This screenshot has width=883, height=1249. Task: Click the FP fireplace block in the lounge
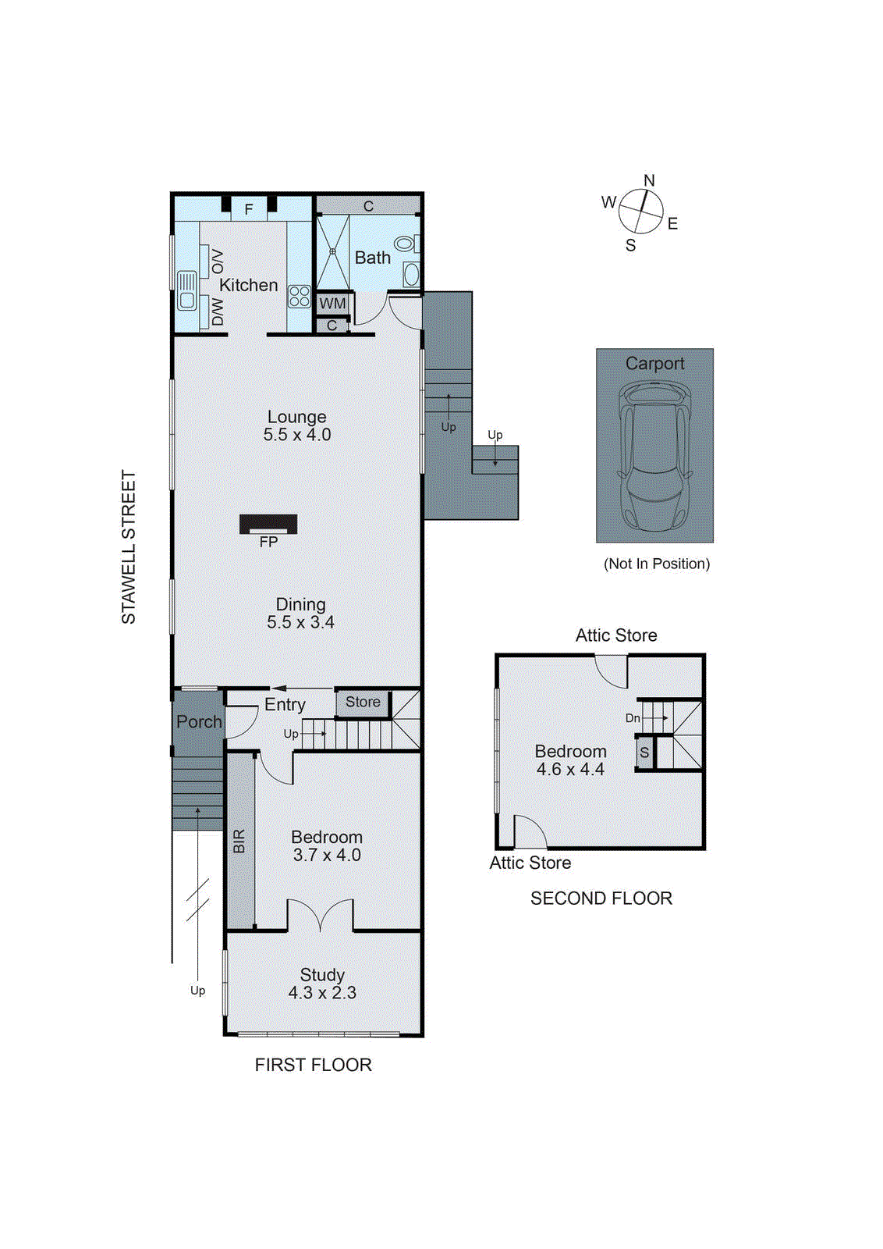click(x=268, y=524)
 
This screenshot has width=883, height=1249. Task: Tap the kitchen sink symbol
click(x=187, y=290)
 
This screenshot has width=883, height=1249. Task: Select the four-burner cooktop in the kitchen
click(x=300, y=297)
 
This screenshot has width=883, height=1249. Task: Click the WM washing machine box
click(x=332, y=304)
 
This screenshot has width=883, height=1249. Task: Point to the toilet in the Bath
click(x=405, y=244)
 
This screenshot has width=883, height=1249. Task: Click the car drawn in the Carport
click(x=654, y=455)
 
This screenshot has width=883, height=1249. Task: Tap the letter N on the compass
click(x=649, y=181)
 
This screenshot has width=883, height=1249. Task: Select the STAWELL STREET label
click(x=129, y=546)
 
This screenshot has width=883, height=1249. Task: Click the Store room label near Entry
click(x=363, y=702)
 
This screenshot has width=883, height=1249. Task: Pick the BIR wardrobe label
click(x=239, y=841)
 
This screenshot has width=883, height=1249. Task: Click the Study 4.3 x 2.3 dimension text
click(x=322, y=993)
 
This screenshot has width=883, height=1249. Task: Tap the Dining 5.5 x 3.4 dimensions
click(x=300, y=622)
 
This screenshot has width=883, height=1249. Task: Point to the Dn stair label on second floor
click(x=633, y=718)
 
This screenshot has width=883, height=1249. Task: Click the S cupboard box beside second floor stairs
click(x=644, y=753)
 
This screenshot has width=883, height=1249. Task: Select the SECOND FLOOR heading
click(x=601, y=898)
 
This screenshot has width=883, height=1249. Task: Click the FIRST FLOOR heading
click(x=313, y=1065)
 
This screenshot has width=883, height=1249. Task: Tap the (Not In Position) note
click(x=656, y=564)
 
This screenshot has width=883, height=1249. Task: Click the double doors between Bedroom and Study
click(x=320, y=916)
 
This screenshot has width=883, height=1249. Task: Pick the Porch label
click(x=199, y=722)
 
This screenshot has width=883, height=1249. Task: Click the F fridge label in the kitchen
click(x=249, y=209)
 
